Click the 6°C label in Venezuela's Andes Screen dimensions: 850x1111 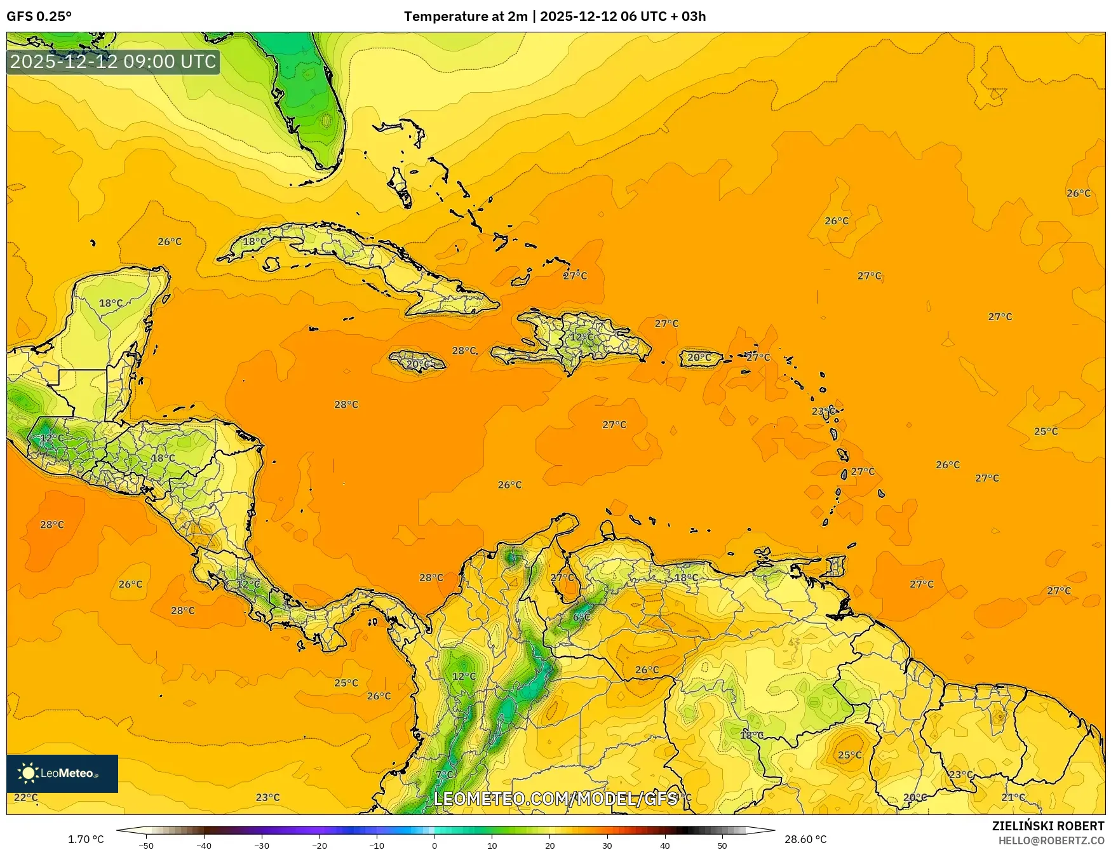point(581,617)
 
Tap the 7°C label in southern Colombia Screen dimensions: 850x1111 point(445,774)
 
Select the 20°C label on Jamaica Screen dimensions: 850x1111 point(418,364)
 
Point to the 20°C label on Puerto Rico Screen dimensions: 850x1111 point(699,358)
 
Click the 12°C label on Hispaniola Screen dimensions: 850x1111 point(581,337)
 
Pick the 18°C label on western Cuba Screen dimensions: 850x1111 point(255,241)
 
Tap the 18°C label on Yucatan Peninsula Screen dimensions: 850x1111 point(111,303)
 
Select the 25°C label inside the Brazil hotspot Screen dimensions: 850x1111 point(850,755)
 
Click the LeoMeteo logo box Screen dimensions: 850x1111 point(62,773)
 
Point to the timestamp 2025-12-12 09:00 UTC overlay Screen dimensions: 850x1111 point(113,62)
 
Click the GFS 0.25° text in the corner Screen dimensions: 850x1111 point(39,17)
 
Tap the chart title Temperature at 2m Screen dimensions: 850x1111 point(466,17)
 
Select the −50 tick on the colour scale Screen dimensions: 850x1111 point(146,846)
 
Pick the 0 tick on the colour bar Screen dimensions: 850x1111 point(434,846)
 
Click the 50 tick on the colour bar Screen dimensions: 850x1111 point(722,846)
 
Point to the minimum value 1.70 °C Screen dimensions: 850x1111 point(86,839)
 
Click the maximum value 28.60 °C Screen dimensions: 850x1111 point(805,839)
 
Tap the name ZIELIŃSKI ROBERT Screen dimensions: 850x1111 point(1048,826)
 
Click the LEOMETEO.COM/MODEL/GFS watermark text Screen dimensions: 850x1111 point(556,799)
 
